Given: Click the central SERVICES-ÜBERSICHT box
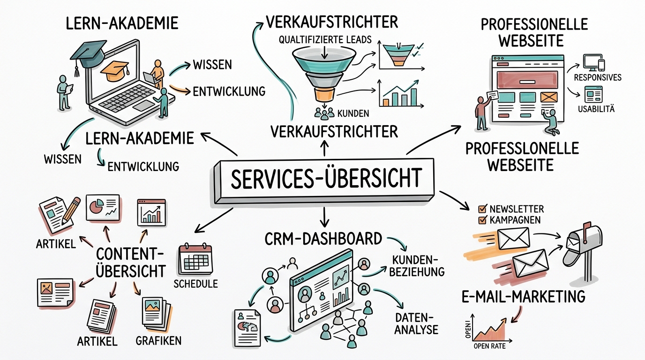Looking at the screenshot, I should (323, 180).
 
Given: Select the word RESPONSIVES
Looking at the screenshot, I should (598, 77).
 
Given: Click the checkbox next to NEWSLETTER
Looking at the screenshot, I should (481, 209).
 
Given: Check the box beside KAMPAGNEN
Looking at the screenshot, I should (481, 220).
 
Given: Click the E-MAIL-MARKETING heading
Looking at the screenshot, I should (522, 296).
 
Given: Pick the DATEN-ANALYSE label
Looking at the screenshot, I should (415, 323).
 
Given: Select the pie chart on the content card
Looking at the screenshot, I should (96, 206).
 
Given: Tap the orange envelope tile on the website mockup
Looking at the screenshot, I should (547, 97).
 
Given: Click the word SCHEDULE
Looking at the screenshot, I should (195, 284).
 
